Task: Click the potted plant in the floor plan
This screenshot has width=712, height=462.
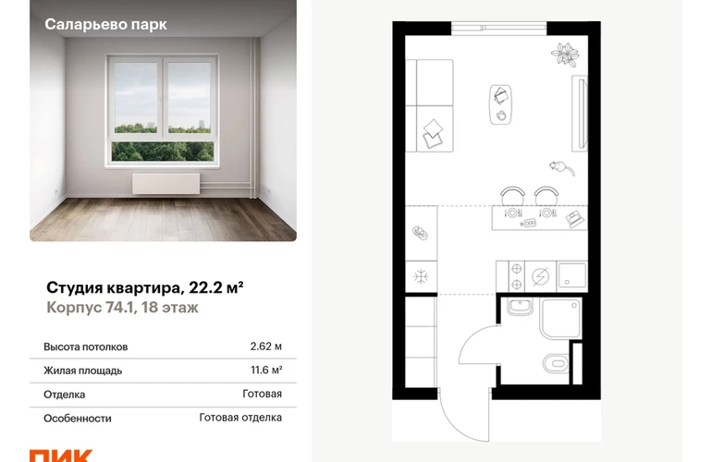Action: tap(565, 54)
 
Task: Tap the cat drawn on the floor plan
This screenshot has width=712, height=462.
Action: tap(561, 168)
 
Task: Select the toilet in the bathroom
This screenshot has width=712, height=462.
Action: tap(556, 363)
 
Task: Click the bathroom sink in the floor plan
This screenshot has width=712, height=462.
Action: tap(520, 307)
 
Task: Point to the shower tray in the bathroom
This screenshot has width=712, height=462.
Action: tap(560, 318)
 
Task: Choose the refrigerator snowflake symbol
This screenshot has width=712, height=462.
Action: tap(421, 277)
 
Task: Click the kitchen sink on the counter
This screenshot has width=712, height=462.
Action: tap(571, 276)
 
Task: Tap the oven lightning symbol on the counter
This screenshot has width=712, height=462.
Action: tap(540, 276)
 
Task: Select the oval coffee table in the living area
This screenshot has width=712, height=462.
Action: tap(500, 104)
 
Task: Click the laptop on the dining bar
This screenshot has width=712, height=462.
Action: tap(575, 219)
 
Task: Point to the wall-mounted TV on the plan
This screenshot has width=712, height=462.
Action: tap(580, 113)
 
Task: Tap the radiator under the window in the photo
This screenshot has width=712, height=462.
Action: tap(166, 183)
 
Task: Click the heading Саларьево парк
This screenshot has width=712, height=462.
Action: tap(105, 25)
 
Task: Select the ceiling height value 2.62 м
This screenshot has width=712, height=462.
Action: tap(265, 346)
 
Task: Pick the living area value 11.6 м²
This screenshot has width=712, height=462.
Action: tap(266, 371)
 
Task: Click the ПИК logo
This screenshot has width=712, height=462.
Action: tap(61, 456)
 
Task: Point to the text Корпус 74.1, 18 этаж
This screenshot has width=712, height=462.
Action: tap(122, 308)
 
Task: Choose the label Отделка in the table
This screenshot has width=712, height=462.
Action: tap(64, 395)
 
